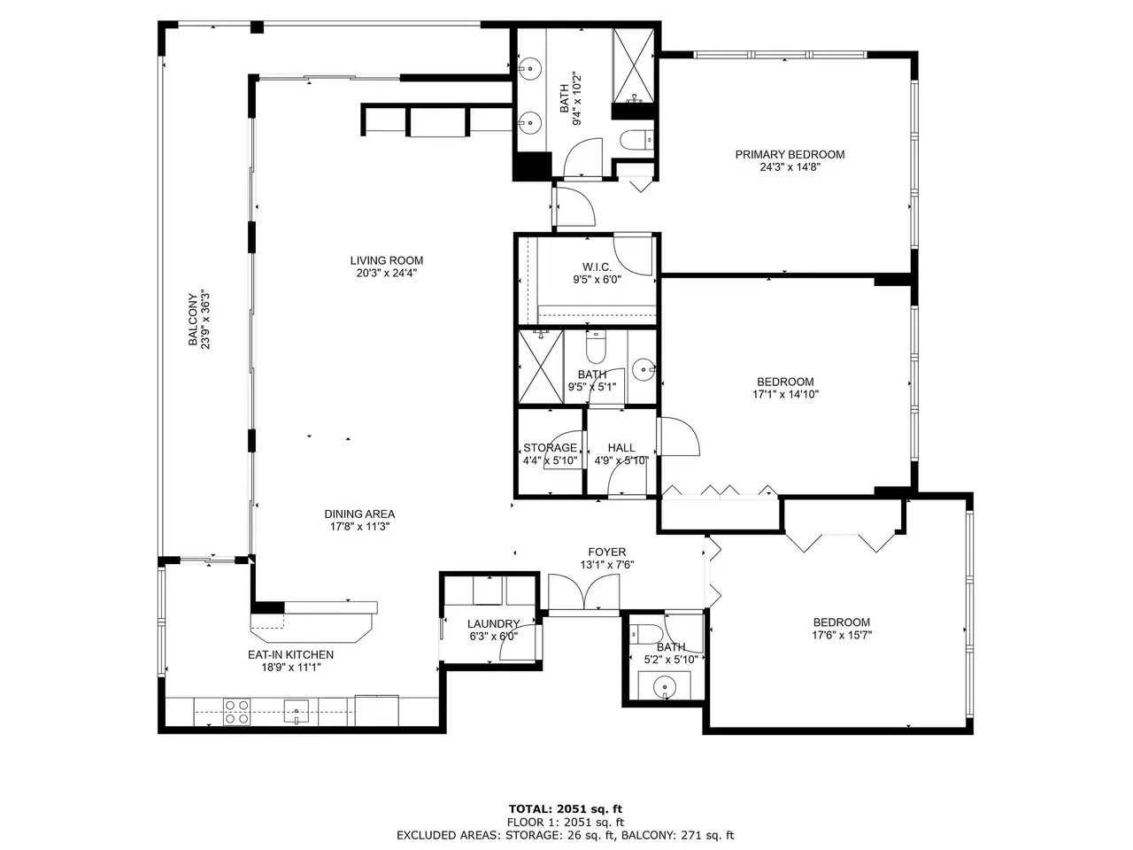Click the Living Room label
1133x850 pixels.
(x=386, y=260)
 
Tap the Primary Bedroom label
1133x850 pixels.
(x=790, y=154)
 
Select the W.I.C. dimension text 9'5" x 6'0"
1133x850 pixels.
(x=597, y=280)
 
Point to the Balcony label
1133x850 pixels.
(x=193, y=320)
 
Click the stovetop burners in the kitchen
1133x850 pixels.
(x=237, y=712)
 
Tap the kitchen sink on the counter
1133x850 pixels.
(x=297, y=712)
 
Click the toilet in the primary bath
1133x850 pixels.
(x=636, y=139)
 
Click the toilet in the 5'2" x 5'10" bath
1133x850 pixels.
(x=646, y=634)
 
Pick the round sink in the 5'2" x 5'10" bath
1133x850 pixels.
(x=665, y=687)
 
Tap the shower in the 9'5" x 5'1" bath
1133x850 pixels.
(x=541, y=367)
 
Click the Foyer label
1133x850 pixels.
(x=606, y=552)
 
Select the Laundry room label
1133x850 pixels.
(x=493, y=624)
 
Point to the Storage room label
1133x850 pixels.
(x=550, y=447)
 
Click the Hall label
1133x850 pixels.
(x=621, y=447)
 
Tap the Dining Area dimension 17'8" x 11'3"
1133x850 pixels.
(x=359, y=527)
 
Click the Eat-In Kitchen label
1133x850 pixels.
(x=290, y=654)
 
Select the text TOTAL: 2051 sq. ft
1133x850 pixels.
(x=566, y=808)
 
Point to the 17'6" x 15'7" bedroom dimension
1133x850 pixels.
(x=842, y=635)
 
